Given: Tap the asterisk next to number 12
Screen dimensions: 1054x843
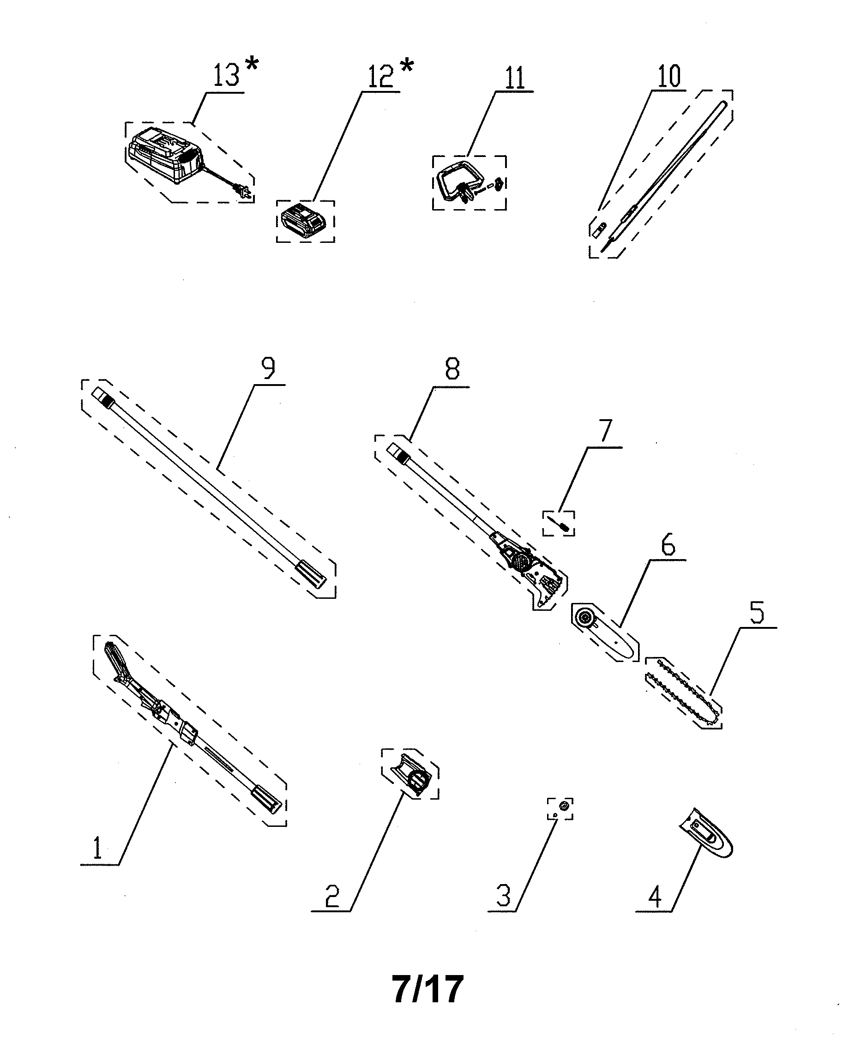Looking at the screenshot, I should [406, 66].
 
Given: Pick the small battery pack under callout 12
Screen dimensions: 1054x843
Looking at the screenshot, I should [304, 221].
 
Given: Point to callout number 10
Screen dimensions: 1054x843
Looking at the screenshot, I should [669, 76].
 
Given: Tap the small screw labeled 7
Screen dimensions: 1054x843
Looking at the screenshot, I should [559, 524].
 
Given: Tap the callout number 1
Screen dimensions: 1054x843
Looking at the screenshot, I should [98, 848].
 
